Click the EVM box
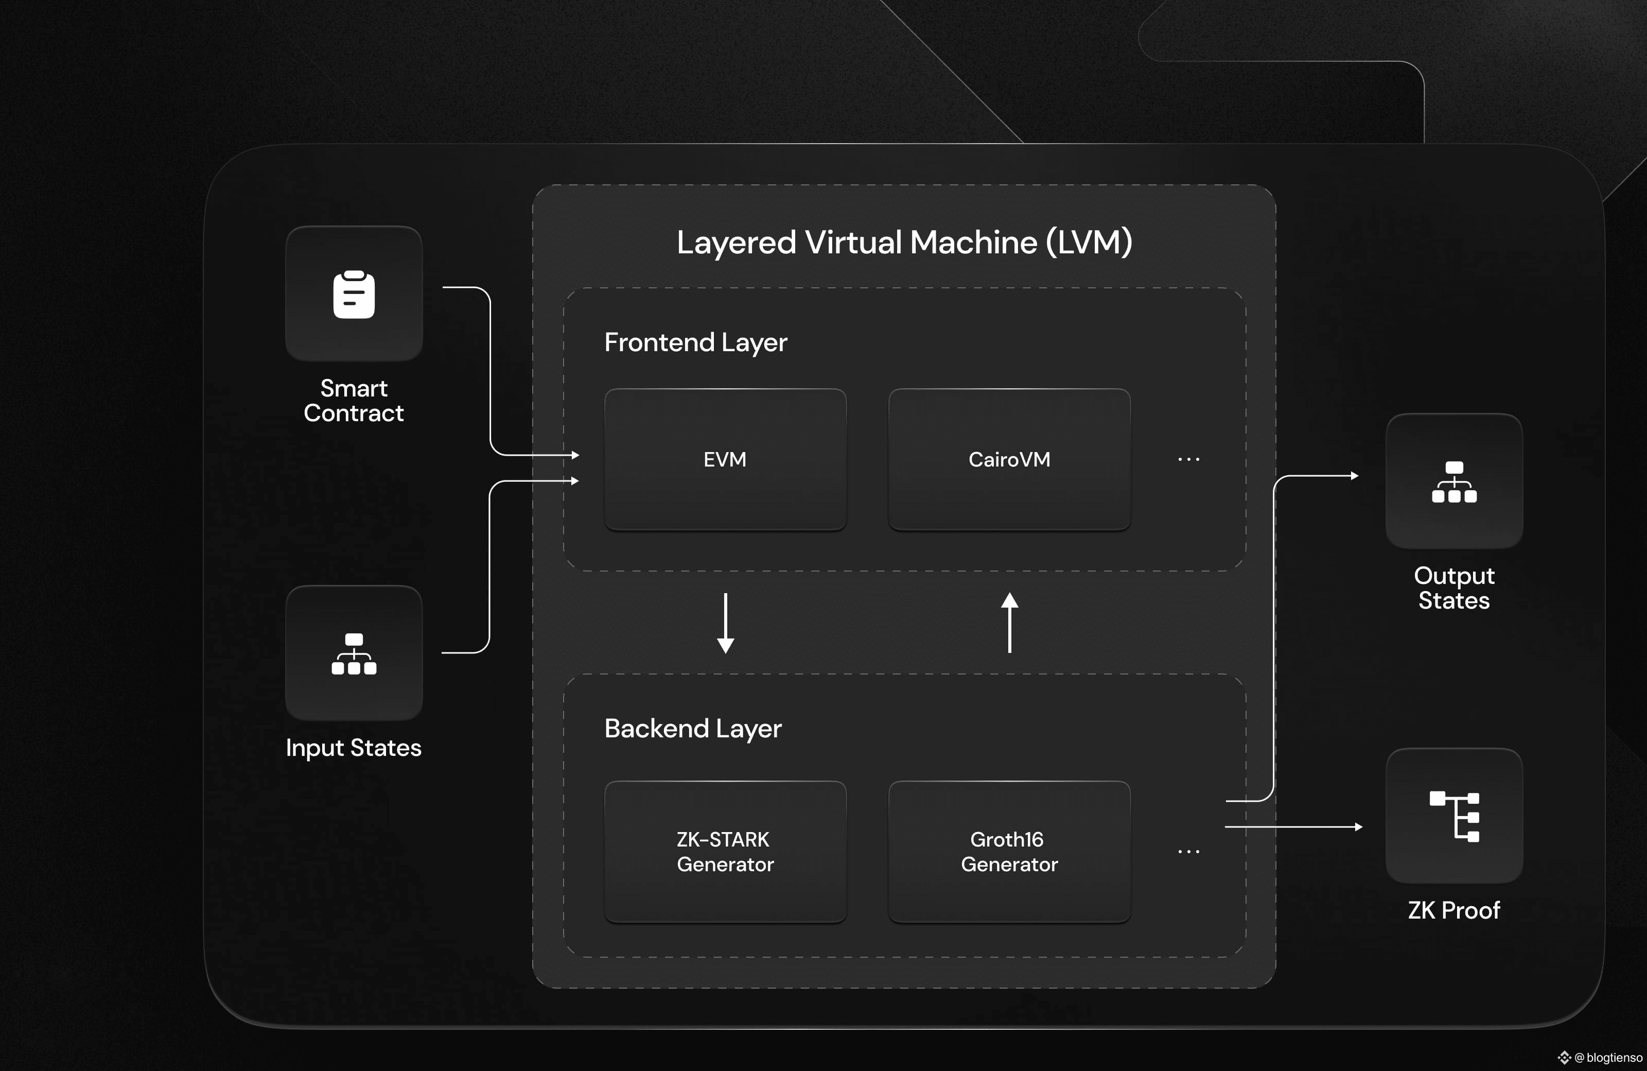pos(725,460)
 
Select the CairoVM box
pos(1010,460)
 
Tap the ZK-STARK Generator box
pos(725,852)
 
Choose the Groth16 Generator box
pos(1010,852)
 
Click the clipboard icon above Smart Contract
pos(354,294)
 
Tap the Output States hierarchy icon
pos(1454,482)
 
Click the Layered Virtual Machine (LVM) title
pos(904,243)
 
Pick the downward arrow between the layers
pos(725,623)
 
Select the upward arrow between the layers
pos(1010,623)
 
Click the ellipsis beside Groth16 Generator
pos(1189,852)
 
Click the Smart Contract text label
pos(354,400)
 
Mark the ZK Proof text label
pos(1454,910)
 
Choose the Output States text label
pos(1454,588)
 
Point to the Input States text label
pos(354,748)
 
